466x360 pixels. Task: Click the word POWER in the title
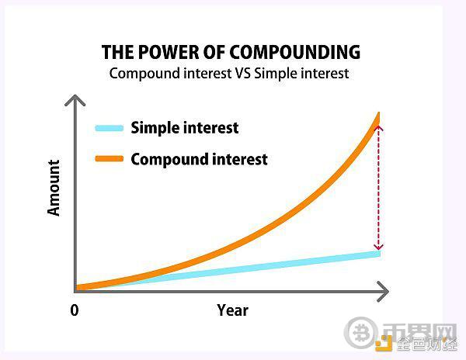[169, 52]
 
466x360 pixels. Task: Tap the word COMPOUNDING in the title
[295, 52]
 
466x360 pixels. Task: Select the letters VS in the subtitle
[243, 73]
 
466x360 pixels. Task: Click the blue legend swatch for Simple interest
[110, 128]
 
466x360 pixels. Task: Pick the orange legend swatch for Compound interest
[110, 158]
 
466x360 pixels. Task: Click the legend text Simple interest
[185, 128]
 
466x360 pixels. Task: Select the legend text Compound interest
[199, 159]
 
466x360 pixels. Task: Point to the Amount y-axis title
[54, 188]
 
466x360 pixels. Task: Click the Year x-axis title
[233, 310]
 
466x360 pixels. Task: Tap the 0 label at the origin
[75, 310]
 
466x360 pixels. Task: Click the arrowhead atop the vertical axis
[75, 100]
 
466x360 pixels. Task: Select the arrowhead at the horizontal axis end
[383, 292]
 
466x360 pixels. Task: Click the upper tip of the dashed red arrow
[378, 126]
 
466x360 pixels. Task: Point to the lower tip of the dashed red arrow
[378, 249]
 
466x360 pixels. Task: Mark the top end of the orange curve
[379, 112]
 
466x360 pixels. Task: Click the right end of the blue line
[380, 254]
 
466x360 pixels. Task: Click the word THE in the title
[118, 52]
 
